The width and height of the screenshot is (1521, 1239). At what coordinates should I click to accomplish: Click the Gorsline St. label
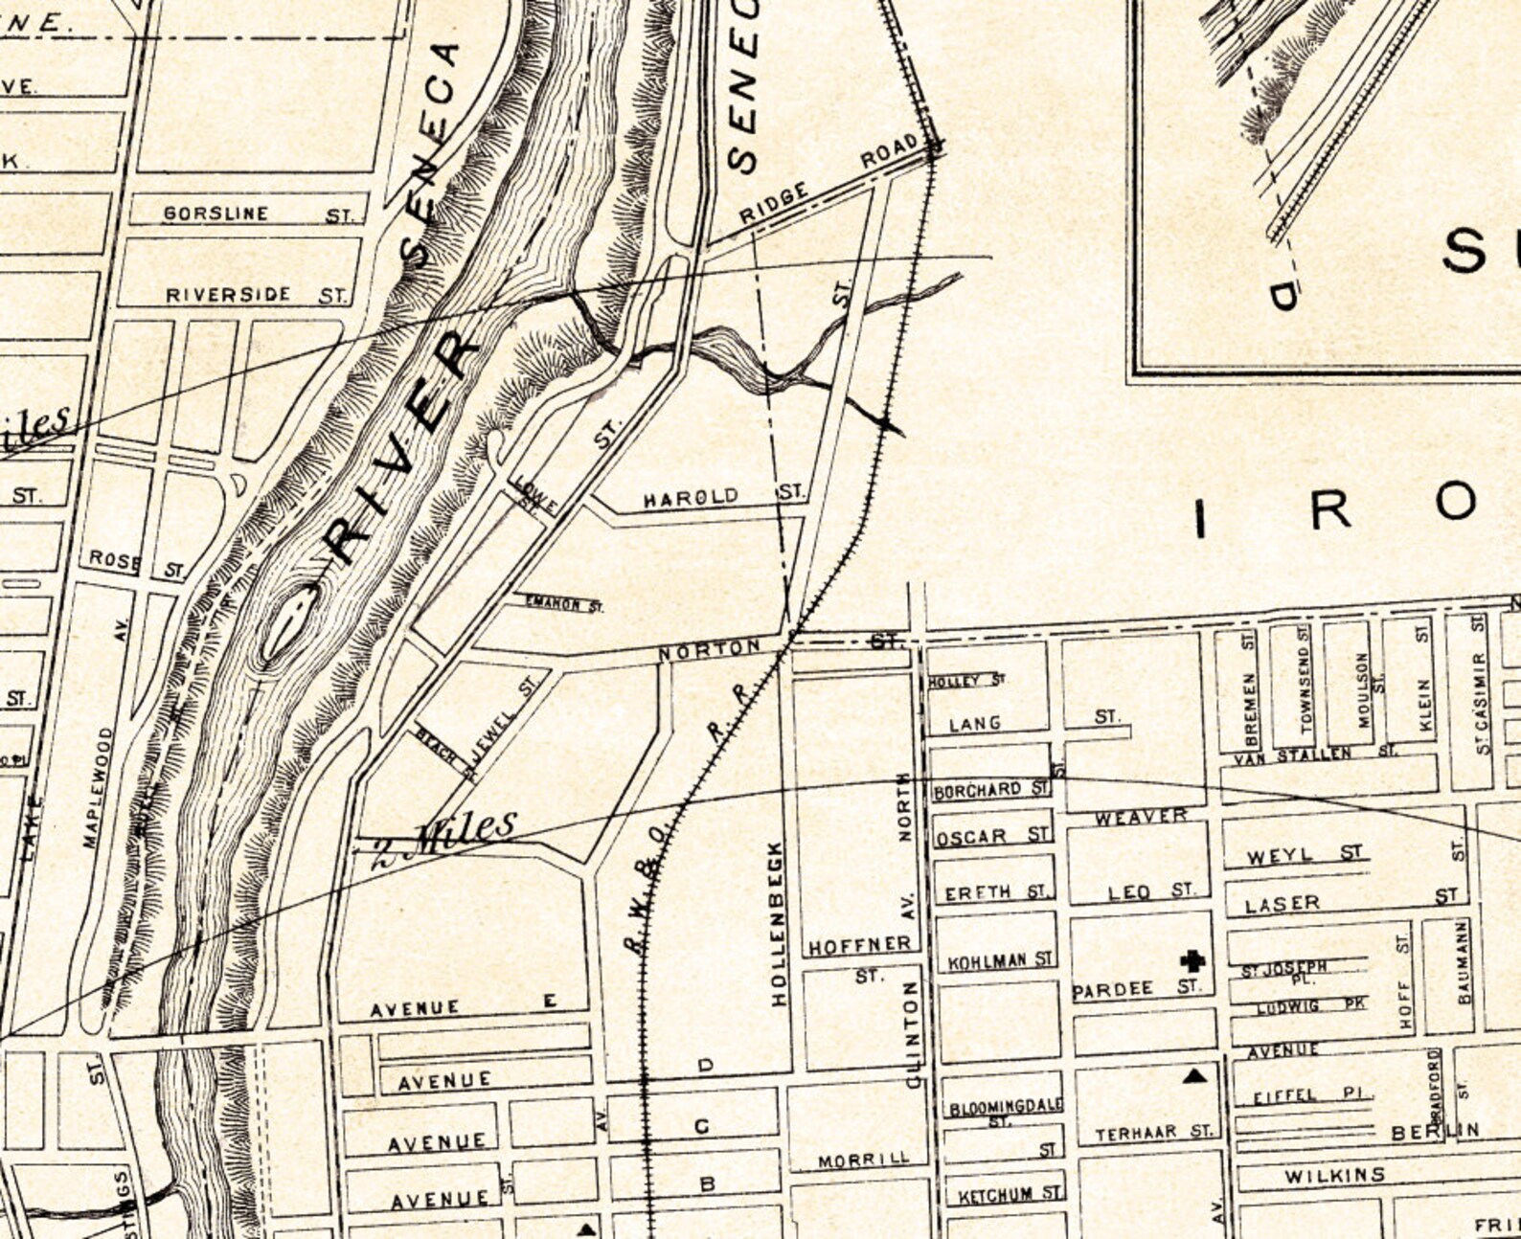pos(257,214)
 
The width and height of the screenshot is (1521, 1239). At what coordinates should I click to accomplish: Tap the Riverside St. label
pos(255,295)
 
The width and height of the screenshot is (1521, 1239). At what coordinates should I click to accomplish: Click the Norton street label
pos(709,650)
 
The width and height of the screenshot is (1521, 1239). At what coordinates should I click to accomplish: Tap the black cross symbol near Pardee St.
pos(1192,960)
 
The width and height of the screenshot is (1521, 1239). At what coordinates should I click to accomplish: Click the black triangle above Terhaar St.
pos(1193,1076)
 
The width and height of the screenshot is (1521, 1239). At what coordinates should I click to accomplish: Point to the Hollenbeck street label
pos(778,923)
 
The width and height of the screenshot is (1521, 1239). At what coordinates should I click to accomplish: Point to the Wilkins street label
pos(1334,1175)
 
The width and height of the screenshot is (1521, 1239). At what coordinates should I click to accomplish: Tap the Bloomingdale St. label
pos(1005,1110)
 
